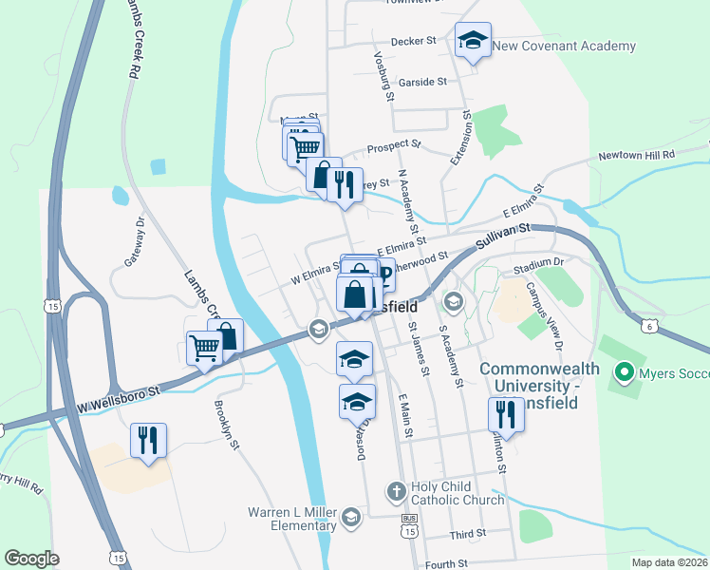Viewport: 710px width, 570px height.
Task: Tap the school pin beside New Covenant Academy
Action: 473,40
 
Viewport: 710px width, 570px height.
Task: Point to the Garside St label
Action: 423,83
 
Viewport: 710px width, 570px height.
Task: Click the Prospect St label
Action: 393,149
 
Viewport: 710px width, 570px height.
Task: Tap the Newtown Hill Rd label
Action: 636,155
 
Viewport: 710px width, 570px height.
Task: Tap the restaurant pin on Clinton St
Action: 502,415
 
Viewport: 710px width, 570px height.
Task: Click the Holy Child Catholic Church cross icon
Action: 397,492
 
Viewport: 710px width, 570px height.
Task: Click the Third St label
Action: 469,535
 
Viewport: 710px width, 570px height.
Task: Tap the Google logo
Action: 31,559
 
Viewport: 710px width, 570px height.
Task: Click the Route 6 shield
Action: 646,327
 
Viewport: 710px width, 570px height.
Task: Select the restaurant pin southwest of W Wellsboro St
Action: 148,440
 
